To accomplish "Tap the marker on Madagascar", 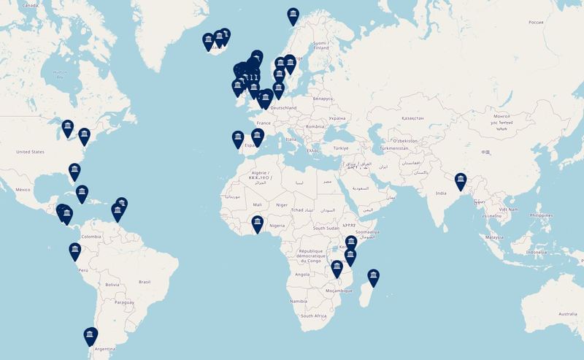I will (373, 275).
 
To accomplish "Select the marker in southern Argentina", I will (90, 335).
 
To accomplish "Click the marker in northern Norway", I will (293, 14).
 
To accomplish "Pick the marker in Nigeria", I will (257, 223).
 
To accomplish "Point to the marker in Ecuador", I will (74, 250).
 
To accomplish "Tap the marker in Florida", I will (74, 171).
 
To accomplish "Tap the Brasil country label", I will (144, 281).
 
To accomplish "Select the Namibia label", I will (297, 300).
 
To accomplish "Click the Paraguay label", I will (124, 302).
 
